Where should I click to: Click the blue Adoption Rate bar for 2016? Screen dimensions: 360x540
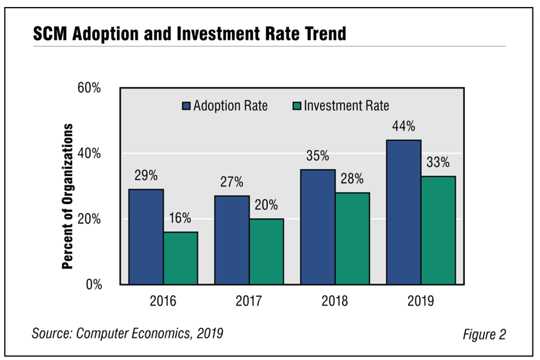(146, 237)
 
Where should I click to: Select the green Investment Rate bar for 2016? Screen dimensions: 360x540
(180, 258)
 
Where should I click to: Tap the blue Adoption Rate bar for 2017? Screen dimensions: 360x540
(232, 240)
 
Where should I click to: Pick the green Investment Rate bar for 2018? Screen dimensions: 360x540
(352, 238)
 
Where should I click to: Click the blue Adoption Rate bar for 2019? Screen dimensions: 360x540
(404, 212)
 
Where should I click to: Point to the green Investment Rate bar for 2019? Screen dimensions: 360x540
(438, 230)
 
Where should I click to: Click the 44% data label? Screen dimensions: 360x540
(404, 127)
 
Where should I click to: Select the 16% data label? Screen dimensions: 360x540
(180, 218)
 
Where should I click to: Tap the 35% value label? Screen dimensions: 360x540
(318, 156)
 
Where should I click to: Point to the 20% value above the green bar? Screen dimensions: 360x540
(266, 205)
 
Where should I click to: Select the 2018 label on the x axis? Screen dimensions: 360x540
(335, 300)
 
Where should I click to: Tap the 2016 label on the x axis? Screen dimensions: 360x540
(163, 300)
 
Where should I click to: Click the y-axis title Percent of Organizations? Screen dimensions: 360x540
(68, 196)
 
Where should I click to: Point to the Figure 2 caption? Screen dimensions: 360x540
(484, 335)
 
